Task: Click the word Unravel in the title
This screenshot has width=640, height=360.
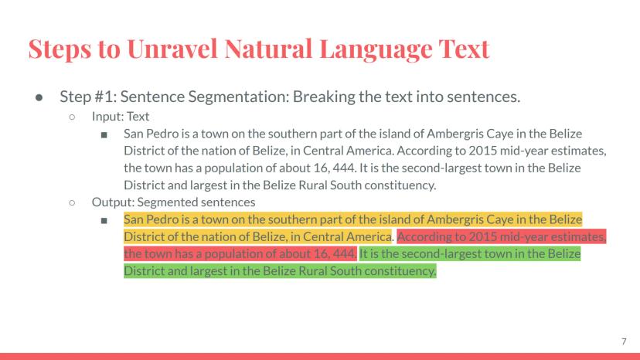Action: pos(172,49)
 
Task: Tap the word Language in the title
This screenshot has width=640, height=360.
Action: pos(375,49)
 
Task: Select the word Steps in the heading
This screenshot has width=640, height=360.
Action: pos(60,49)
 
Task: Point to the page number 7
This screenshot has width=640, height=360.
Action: pos(624,341)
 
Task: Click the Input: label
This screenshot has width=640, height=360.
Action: pos(107,117)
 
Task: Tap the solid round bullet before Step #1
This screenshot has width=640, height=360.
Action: pos(39,97)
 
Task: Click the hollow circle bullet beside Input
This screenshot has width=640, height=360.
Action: pos(72,117)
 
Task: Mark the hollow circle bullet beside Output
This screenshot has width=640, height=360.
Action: pos(72,202)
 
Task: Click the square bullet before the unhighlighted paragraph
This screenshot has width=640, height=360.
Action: pos(104,134)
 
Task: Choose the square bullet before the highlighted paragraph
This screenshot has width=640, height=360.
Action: pos(104,220)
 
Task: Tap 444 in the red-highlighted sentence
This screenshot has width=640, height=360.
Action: pos(344,254)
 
